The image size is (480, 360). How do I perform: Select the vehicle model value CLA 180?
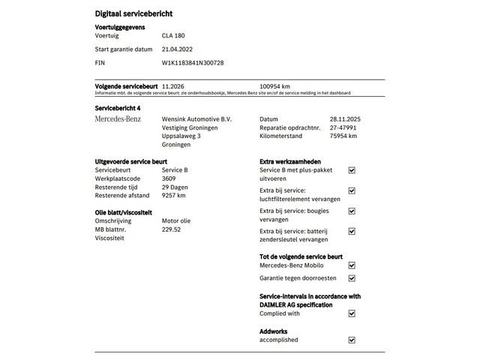[174, 35]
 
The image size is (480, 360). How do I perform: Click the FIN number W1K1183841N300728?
[193, 63]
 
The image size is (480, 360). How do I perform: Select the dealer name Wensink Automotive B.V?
[197, 119]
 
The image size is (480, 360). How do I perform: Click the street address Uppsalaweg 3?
[181, 136]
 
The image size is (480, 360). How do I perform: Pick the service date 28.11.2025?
[345, 119]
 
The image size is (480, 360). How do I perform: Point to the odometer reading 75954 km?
[343, 136]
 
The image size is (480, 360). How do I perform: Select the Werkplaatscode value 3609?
[169, 178]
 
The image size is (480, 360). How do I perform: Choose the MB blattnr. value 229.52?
[172, 229]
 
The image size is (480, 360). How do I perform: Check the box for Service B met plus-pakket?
[352, 170]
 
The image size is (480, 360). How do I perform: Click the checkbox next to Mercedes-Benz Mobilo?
[352, 265]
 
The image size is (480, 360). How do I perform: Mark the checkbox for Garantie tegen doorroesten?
[352, 278]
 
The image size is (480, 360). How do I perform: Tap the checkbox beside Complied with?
[352, 313]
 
